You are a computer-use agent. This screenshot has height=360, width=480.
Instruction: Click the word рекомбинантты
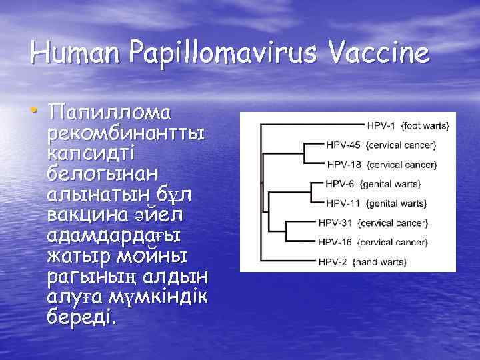coord(126,133)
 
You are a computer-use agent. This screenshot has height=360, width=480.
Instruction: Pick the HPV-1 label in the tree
coord(382,125)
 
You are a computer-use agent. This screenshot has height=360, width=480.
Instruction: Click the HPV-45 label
coord(343,145)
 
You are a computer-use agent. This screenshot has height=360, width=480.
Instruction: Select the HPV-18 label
coord(343,164)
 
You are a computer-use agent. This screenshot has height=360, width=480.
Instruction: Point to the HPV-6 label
coord(340,183)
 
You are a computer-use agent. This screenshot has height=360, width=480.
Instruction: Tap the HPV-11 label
coord(343,203)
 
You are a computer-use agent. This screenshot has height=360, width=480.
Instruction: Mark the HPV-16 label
coord(335,242)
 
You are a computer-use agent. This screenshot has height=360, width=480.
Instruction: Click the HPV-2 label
coord(333,262)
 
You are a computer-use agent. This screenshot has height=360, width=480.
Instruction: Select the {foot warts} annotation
coord(427,125)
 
